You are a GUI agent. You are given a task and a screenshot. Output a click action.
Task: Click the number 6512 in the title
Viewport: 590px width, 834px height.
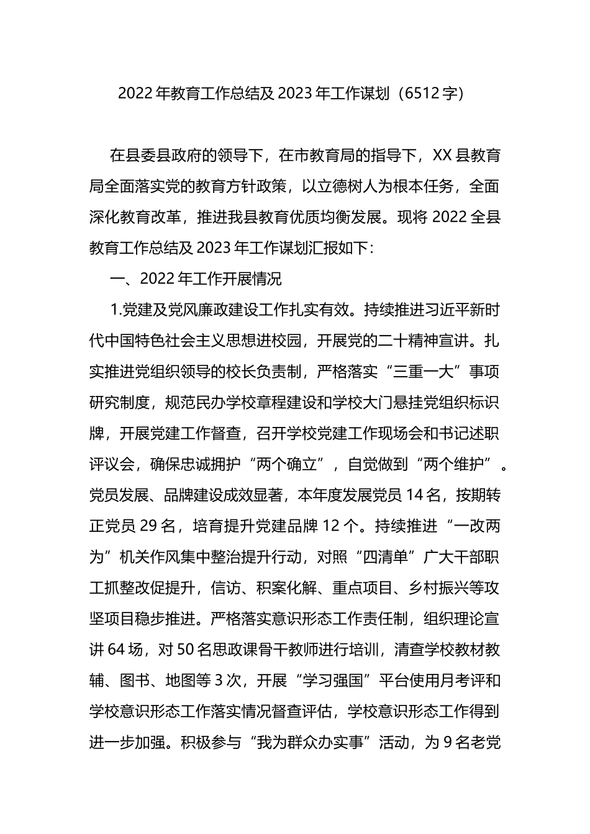(x=422, y=94)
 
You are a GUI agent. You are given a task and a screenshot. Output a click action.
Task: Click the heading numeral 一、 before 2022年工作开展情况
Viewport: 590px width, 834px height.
(x=124, y=279)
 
